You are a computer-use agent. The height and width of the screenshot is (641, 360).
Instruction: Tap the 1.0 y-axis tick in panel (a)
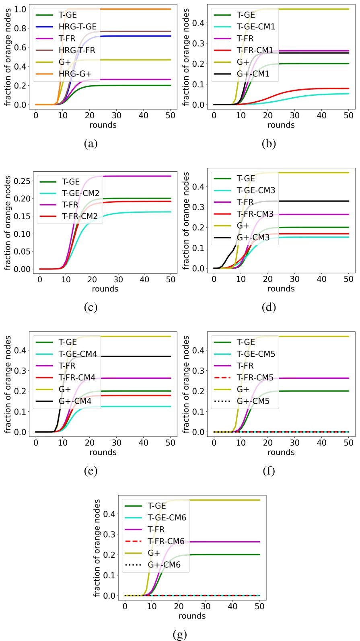pyautogui.click(x=20, y=9)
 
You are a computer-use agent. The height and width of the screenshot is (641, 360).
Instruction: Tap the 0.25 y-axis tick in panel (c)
pyautogui.click(x=22, y=181)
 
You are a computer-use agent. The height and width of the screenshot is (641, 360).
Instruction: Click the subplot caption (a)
pyautogui.click(x=91, y=144)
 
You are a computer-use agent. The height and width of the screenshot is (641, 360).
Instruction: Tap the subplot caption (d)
pyautogui.click(x=269, y=307)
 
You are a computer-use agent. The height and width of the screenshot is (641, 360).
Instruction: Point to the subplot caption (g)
pyautogui.click(x=180, y=635)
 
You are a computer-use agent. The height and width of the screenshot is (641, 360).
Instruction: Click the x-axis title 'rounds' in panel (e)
pyautogui.click(x=103, y=452)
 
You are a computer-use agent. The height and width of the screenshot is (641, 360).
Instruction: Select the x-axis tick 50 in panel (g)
pyautogui.click(x=259, y=606)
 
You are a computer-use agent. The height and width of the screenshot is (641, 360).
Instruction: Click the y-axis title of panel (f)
pyautogui.click(x=186, y=384)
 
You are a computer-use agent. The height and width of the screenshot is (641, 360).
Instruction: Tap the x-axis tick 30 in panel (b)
pyautogui.click(x=295, y=115)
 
